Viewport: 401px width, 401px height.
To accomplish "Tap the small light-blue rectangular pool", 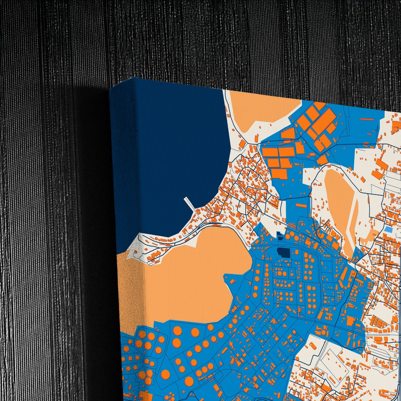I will coord(389,230).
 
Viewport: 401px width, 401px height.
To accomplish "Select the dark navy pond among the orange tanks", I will coord(283,253).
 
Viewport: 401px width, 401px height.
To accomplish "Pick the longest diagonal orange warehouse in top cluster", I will coord(324,122).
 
